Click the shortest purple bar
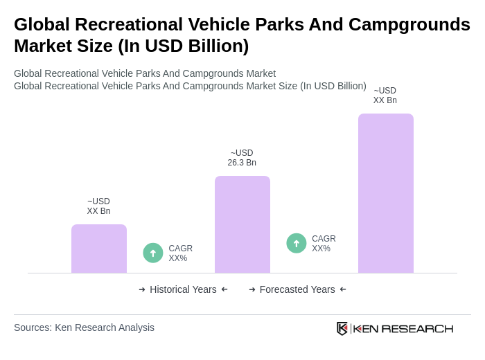click(99, 249)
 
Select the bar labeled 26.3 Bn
click(242, 224)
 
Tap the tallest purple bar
click(385, 193)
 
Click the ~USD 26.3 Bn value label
click(242, 158)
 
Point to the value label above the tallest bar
click(385, 96)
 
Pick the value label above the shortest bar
click(98, 206)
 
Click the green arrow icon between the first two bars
click(153, 253)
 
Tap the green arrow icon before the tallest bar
click(297, 243)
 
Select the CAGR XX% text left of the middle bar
click(181, 253)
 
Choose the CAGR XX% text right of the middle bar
click(324, 244)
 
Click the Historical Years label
click(183, 289)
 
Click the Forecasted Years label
click(297, 289)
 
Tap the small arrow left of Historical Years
click(142, 289)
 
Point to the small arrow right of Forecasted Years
click(343, 289)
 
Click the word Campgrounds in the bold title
click(409, 24)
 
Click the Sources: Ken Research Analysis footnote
click(84, 327)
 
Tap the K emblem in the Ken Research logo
click(342, 328)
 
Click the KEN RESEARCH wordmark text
click(403, 328)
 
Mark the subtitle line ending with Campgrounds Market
click(145, 73)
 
